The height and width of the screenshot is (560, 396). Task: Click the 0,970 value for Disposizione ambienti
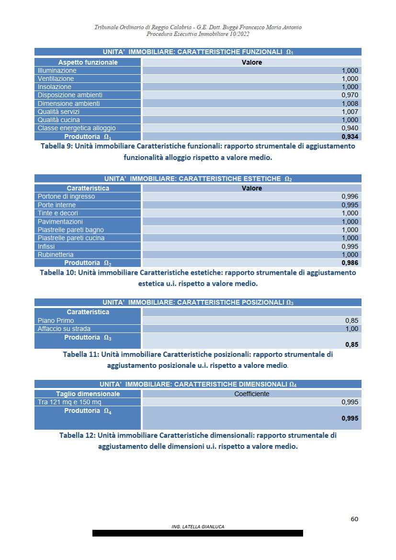coord(350,95)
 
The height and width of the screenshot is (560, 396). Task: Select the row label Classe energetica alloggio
coord(77,128)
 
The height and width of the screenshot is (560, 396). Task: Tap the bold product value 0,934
coord(350,137)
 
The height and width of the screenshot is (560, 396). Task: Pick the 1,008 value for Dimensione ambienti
coord(350,103)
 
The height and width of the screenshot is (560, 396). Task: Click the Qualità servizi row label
coord(58,112)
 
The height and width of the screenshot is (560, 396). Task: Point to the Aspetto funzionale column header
coord(88,62)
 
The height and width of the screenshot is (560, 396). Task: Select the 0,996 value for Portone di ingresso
coord(350,196)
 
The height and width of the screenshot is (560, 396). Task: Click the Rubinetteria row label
coord(56,254)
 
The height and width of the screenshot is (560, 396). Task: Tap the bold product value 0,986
coord(350,263)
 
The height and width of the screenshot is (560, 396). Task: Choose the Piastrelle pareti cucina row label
coord(71,238)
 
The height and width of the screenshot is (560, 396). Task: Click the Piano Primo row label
coord(56,320)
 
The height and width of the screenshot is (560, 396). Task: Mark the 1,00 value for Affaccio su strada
coord(352,329)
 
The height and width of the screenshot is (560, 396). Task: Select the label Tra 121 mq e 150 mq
coord(69,402)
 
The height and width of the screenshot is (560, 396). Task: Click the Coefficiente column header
coord(251,394)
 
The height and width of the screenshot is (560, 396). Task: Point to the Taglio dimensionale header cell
coord(88,394)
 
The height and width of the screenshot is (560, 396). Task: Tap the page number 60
coord(354,519)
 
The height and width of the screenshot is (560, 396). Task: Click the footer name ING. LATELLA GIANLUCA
coord(198,526)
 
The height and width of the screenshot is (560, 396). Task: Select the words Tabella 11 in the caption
coord(80,354)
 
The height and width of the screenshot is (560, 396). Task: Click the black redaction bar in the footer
coord(198,533)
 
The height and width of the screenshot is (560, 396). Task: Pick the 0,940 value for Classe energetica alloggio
coord(350,128)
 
